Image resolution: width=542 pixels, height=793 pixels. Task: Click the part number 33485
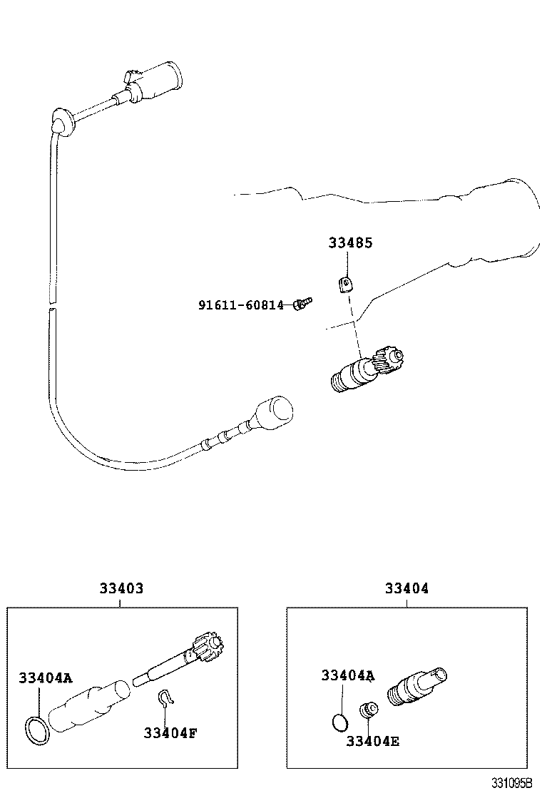pos(350,242)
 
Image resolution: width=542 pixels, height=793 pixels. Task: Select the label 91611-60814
pos(240,305)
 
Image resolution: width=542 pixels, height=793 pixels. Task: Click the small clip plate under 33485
pos(344,285)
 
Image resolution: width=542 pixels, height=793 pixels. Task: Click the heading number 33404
pos(406,588)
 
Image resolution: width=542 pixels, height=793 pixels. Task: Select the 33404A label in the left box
pos(46,678)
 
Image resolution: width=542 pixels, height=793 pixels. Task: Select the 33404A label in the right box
pos(348,675)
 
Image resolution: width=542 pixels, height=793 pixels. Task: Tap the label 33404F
pos(170,732)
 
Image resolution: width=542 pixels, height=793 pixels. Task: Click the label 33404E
pos(372,740)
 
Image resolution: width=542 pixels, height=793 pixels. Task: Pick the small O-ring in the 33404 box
pos(341,722)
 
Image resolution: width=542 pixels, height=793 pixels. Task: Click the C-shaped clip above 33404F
pos(165,700)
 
